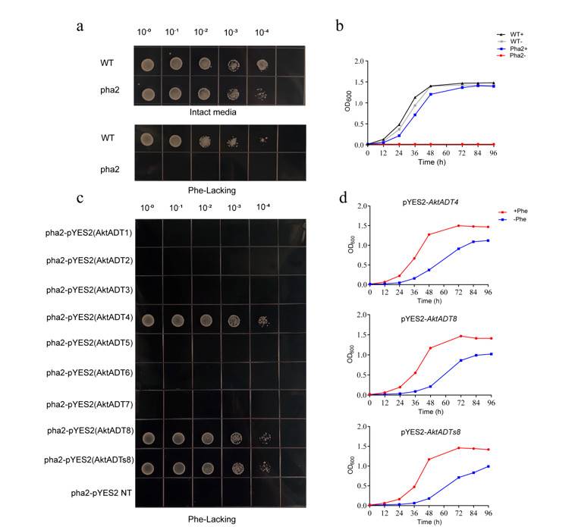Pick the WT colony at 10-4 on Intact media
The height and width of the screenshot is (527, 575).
262,64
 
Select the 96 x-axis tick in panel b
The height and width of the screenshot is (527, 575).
494,152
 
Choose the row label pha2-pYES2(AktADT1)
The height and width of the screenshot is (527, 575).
88,233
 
